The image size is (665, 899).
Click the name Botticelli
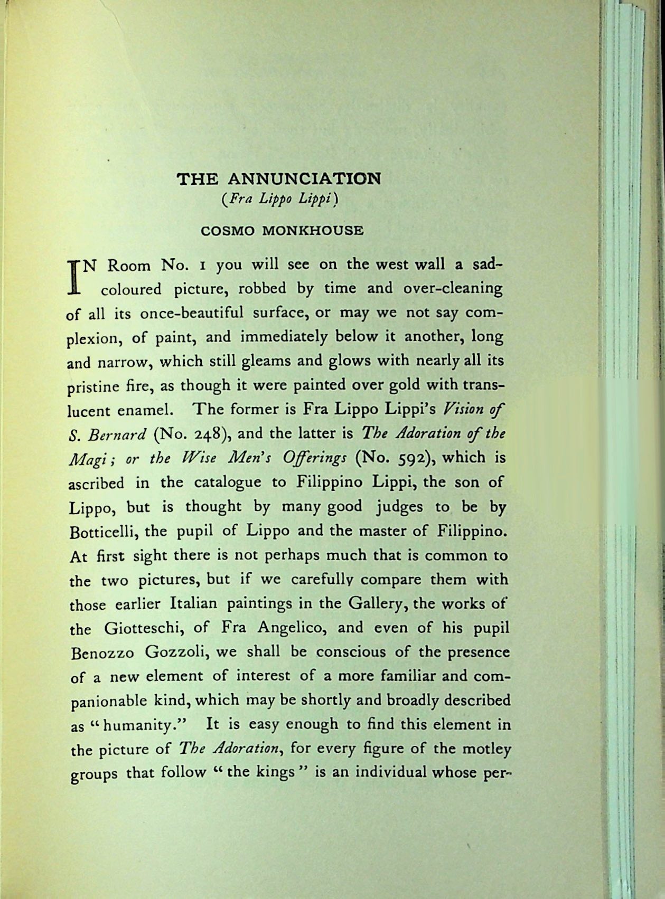tap(102, 531)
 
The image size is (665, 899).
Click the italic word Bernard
tap(117, 434)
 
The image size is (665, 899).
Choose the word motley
tap(485, 749)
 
